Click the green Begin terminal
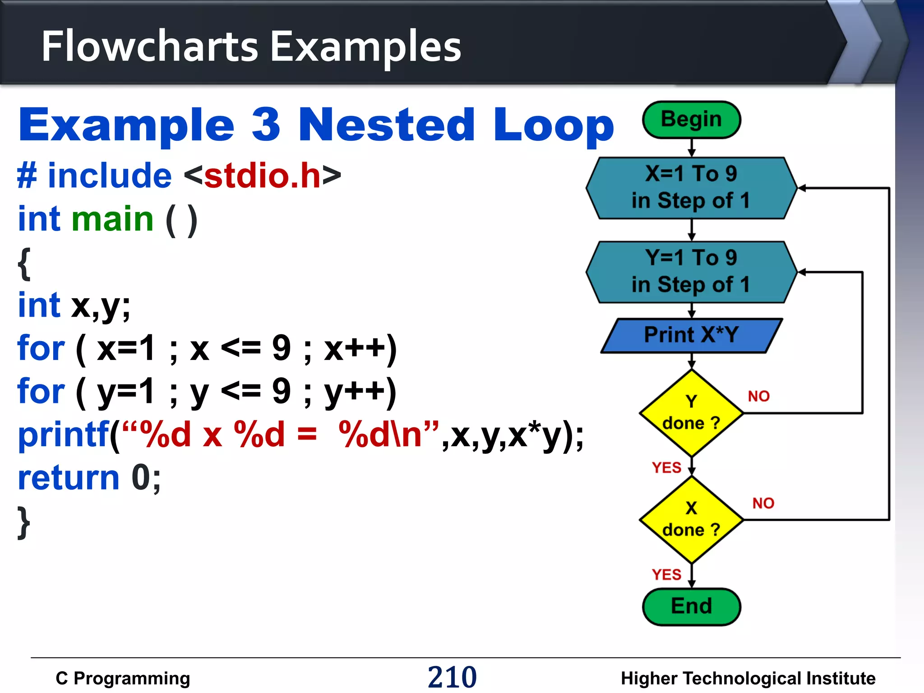691,120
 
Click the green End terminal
691,606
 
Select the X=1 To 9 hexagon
691,188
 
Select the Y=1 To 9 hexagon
691,272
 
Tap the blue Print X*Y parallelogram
691,335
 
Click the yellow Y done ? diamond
691,413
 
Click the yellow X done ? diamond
691,520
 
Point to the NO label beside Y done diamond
758,396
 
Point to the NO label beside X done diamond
763,503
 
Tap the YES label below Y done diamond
666,467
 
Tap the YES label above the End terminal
666,574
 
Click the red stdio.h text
262,176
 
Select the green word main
113,219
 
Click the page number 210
452,677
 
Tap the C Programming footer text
123,678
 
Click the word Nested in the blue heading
387,125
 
